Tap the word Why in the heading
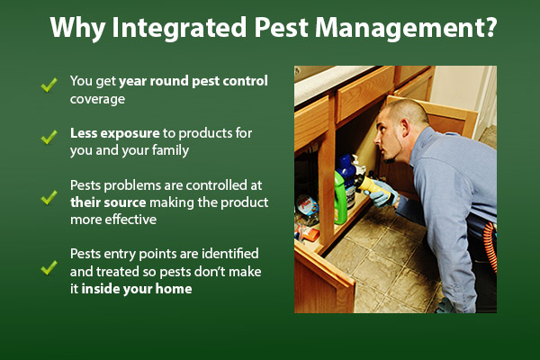pos(74,27)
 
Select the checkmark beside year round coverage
pos(49,86)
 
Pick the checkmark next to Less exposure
pos(49,137)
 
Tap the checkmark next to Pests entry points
pos(49,267)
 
